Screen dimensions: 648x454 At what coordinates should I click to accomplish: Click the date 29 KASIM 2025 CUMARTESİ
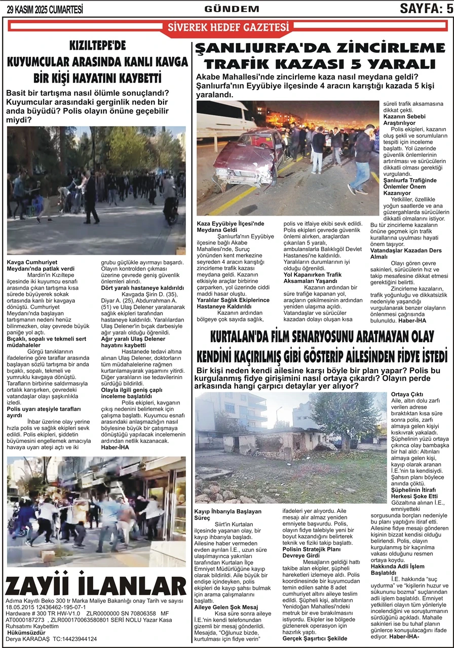pos(45,10)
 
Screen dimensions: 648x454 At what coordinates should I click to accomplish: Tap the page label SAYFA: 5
pos(426,9)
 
